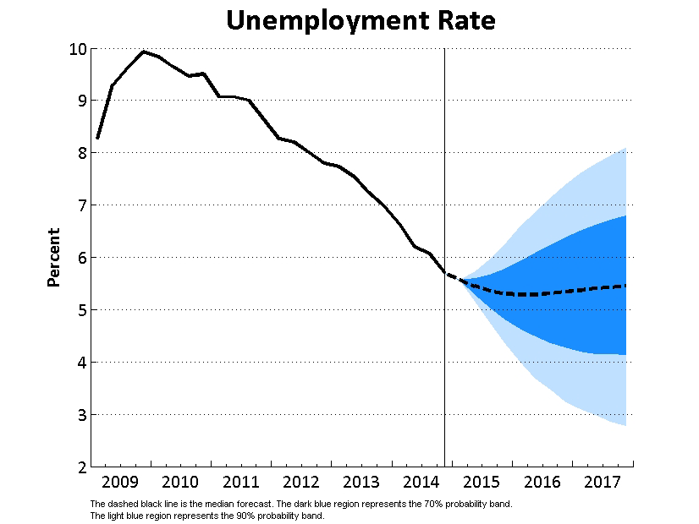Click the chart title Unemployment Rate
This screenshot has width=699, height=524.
point(361,20)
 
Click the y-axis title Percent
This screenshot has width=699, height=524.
point(54,257)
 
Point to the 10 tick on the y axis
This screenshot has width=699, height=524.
point(77,48)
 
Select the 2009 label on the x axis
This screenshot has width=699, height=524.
point(119,483)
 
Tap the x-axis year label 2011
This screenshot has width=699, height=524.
point(241,483)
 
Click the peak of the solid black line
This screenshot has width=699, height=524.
point(143,52)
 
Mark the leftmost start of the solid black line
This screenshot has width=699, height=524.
point(97,138)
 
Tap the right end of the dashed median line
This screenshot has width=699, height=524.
point(626,286)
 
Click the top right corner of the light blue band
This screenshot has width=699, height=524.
point(625,149)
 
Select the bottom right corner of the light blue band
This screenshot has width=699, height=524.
point(625,424)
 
